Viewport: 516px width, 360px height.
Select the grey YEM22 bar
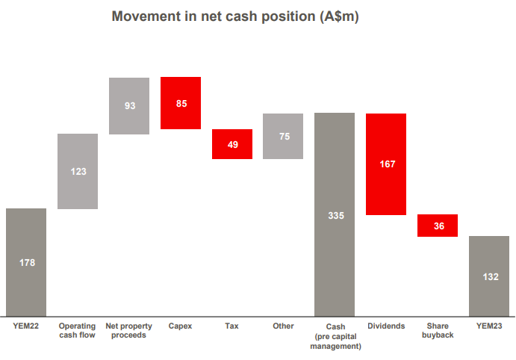tap(26, 262)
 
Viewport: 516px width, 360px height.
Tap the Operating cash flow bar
tap(78, 171)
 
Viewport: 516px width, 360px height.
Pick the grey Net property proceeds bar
tap(129, 106)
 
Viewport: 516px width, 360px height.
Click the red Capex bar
tap(181, 103)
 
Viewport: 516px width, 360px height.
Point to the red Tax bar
tap(232, 144)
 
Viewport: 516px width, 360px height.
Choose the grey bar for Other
tap(283, 136)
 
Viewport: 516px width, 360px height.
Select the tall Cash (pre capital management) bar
tap(335, 214)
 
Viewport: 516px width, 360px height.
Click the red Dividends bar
tap(386, 164)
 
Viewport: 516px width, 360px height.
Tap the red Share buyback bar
tap(438, 226)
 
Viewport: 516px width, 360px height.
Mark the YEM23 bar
tap(489, 276)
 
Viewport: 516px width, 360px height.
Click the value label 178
tap(27, 263)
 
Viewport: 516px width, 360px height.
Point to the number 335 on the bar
tap(336, 216)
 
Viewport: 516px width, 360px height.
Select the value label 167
tap(388, 164)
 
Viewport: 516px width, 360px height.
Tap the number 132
tap(491, 277)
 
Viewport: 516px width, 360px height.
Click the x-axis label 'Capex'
tap(180, 326)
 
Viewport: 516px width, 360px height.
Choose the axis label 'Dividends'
tap(386, 326)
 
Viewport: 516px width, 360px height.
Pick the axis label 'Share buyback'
tap(438, 330)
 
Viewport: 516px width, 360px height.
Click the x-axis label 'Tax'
tap(231, 326)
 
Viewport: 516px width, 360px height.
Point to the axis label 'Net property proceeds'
tap(128, 330)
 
